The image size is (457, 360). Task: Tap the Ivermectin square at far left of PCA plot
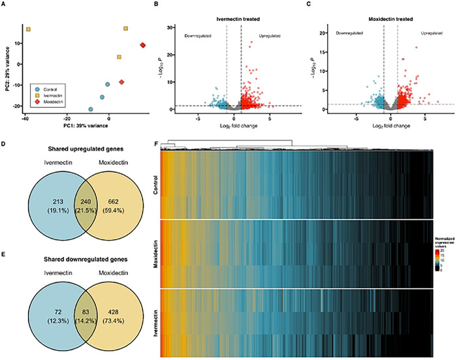(28, 29)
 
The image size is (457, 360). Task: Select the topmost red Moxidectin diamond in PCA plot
(142, 45)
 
